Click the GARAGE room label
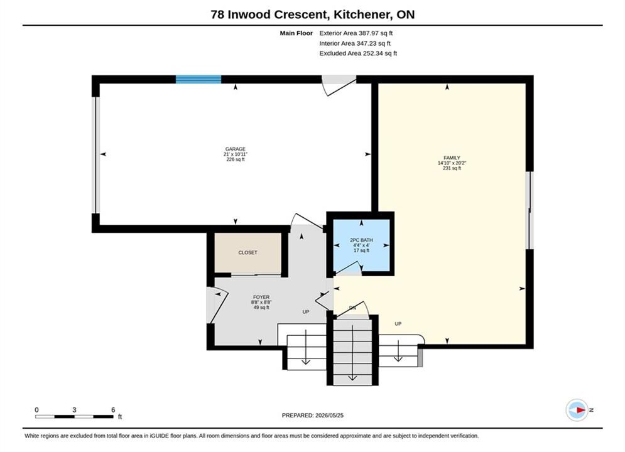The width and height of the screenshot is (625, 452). pos(235,149)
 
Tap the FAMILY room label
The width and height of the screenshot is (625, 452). pos(452,158)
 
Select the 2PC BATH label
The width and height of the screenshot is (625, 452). pos(362,240)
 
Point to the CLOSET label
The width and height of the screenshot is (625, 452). pos(247,252)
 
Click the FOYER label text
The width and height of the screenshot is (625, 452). pos(261,297)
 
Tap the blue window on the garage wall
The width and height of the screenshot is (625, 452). pos(198,79)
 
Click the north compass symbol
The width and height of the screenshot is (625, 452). pos(577,410)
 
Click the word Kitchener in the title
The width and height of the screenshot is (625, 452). pos(361,14)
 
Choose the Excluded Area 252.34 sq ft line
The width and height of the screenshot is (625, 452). pos(358,53)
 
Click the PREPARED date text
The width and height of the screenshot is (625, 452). pos(313,416)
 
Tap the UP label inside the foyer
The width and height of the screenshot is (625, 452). pos(306,312)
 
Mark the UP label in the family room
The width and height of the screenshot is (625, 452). pos(398,324)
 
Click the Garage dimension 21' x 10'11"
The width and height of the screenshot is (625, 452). pos(235,154)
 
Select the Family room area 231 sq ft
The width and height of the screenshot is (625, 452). pos(452,168)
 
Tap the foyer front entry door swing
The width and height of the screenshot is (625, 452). pos(217,304)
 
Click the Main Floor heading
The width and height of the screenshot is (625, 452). pos(296,33)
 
